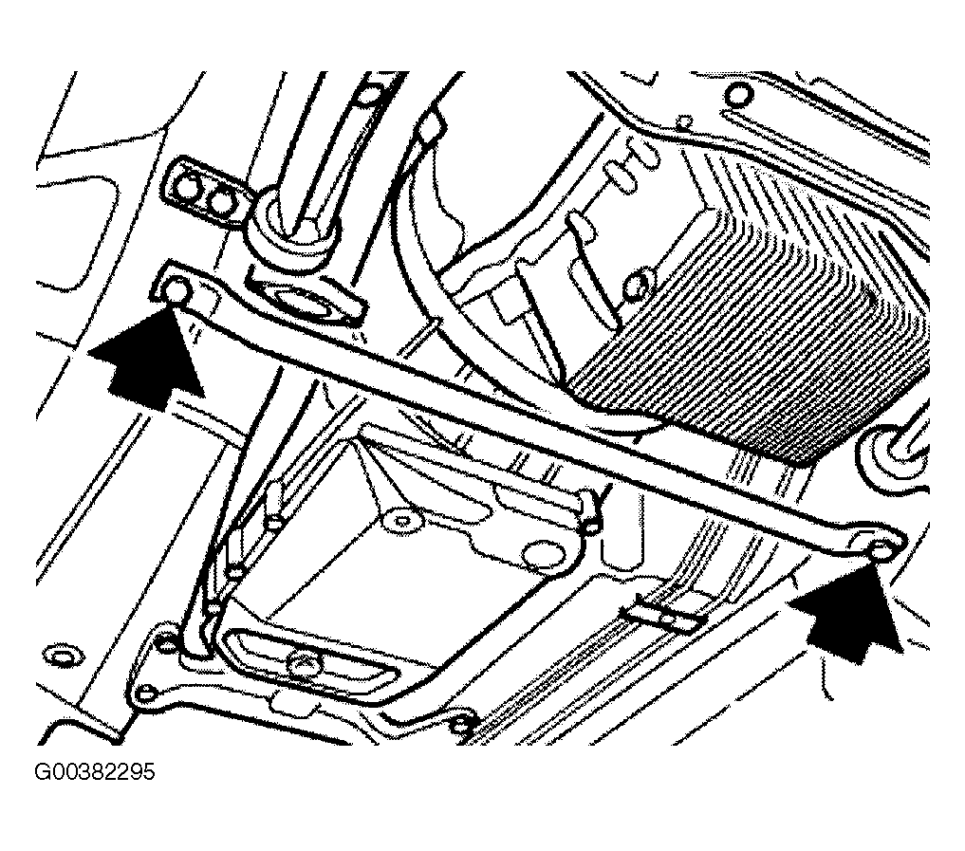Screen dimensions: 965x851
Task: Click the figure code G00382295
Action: pos(95,771)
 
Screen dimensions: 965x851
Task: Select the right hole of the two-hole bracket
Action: pos(220,201)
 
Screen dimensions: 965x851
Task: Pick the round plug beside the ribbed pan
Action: pos(637,285)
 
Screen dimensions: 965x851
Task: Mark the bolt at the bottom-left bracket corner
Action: pos(146,693)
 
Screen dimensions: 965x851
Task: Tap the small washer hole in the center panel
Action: pos(401,521)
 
